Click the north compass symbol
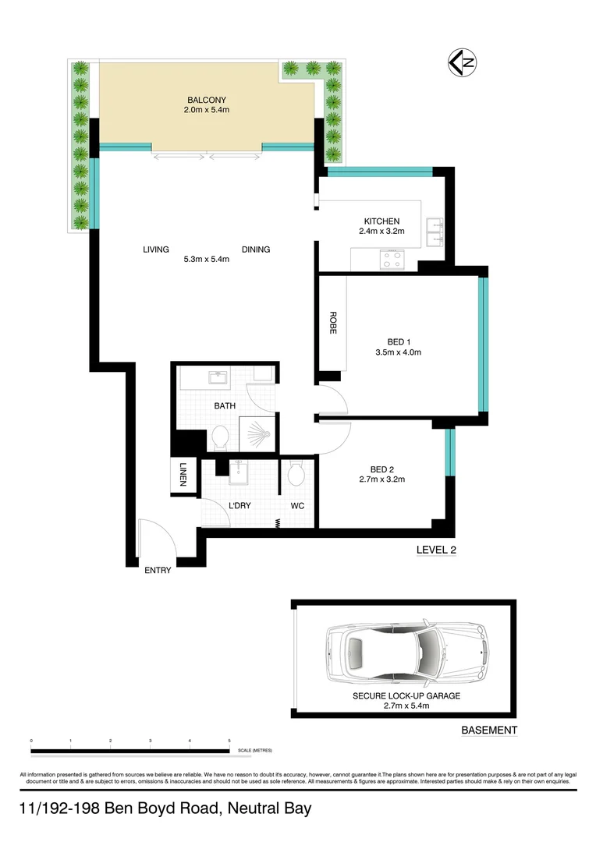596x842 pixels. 461,62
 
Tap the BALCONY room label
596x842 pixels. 207,100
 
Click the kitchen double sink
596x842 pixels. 435,232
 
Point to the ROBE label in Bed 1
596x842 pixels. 332,324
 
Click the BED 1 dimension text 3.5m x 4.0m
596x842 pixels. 398,352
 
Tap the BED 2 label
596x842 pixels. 382,469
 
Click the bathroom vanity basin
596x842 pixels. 216,378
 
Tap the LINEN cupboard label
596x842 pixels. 182,475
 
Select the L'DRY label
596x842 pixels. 239,506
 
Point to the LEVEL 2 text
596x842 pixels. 436,550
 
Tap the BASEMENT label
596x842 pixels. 489,731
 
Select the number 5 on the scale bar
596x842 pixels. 229,740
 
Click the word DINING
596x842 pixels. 256,249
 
